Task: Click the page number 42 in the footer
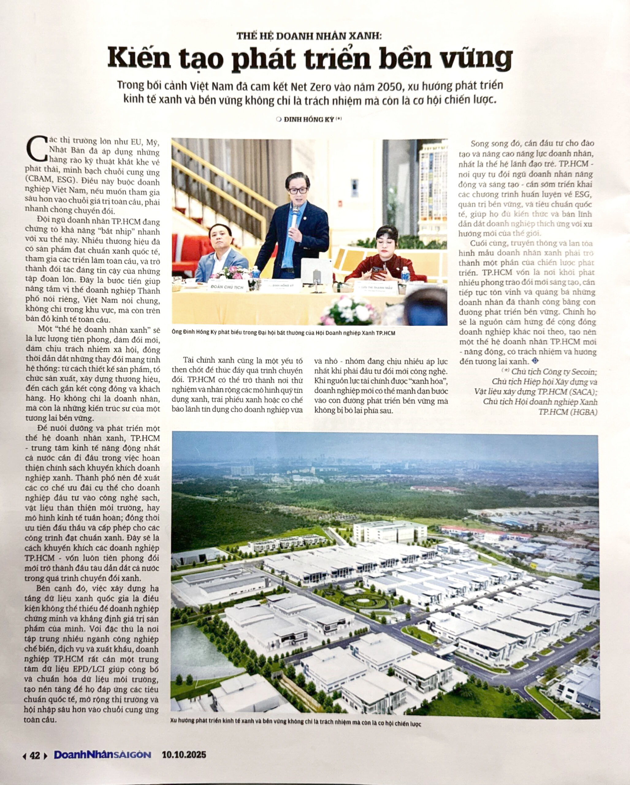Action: point(35,756)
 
